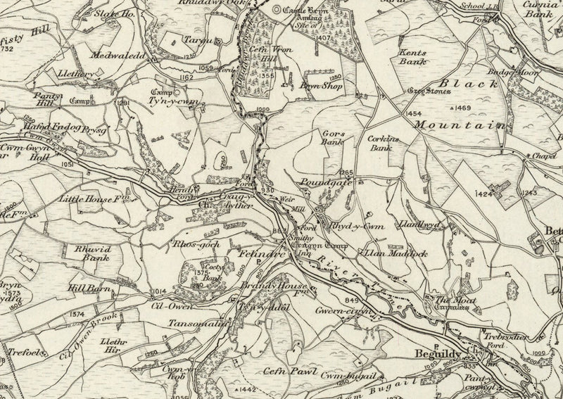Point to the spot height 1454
pyautogui.click(x=415, y=114)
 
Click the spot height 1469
pyautogui.click(x=462, y=108)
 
